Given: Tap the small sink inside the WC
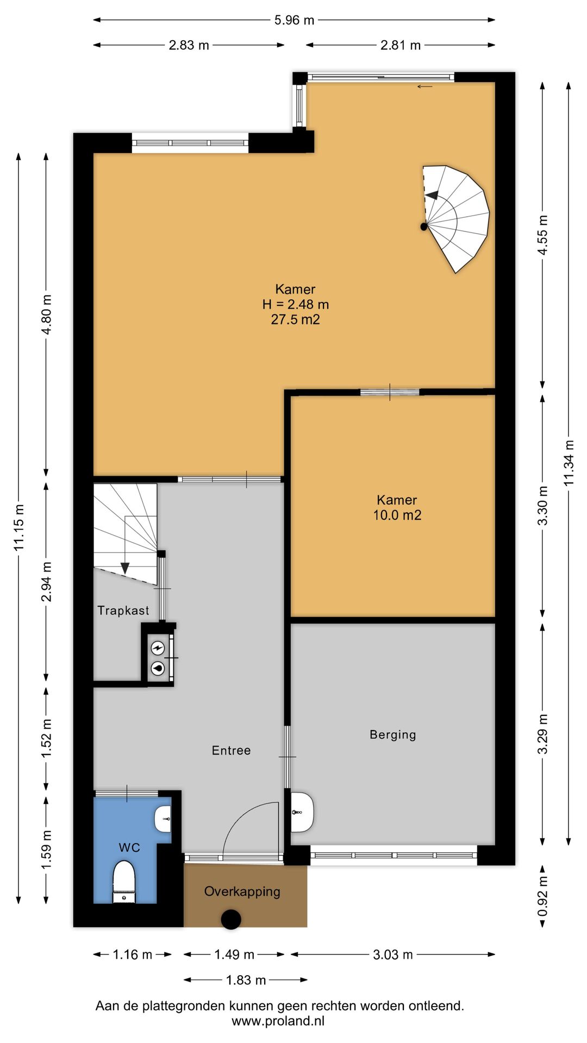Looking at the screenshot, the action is click(x=163, y=819).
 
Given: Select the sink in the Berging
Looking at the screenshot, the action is click(x=302, y=812).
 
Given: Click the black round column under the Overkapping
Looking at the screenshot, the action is click(x=231, y=919).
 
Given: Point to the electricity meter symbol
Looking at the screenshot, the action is click(x=158, y=648).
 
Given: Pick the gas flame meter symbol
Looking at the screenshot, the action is click(x=158, y=668).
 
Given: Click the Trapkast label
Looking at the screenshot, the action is click(x=123, y=611).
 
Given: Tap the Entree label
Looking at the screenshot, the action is click(x=231, y=750).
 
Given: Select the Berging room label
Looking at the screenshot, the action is click(x=393, y=735).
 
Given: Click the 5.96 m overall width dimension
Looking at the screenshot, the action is click(x=294, y=20).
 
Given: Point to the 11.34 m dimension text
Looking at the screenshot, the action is click(x=569, y=463).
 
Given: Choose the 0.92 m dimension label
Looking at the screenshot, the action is click(x=542, y=896).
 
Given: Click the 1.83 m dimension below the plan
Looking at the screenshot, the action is click(x=246, y=980).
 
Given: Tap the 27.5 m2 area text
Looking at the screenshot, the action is click(x=296, y=319).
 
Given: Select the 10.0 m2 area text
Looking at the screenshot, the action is click(x=397, y=515).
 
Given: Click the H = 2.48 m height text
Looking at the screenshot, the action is click(x=296, y=304).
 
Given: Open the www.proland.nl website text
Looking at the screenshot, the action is click(x=278, y=1021).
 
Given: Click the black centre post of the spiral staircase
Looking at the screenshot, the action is click(x=424, y=227).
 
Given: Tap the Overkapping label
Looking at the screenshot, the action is click(x=242, y=891).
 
